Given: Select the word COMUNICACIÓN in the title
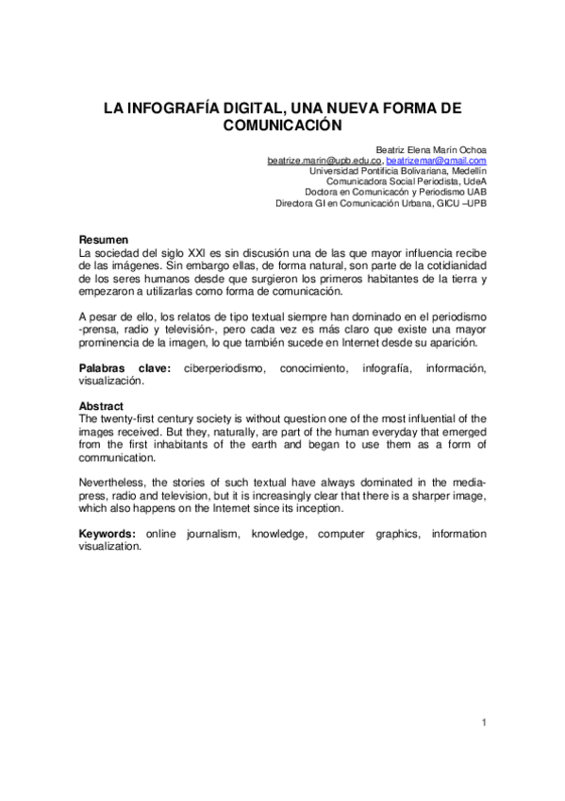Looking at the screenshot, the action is coord(282,124).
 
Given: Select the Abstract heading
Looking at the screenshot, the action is coord(102,406).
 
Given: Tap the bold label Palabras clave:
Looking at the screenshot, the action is coord(124,368).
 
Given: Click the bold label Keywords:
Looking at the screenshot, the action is coord(108,535).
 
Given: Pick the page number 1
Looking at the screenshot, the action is coord(483,724).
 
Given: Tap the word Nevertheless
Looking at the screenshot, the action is coord(110,483).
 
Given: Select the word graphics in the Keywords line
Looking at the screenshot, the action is coord(380,535).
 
